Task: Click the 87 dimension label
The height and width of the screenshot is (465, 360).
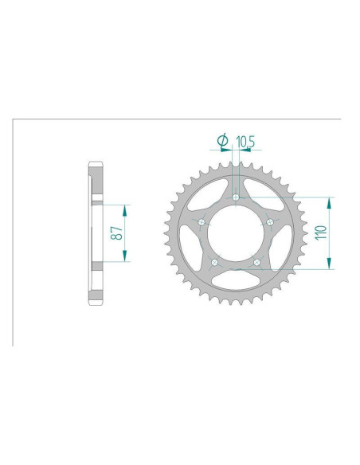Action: (116, 233)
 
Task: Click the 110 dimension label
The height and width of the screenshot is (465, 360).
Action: (321, 232)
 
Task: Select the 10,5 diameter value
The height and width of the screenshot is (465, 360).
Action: (245, 142)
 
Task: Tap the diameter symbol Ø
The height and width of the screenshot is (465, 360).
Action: (223, 140)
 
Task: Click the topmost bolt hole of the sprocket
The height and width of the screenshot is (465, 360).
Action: (236, 197)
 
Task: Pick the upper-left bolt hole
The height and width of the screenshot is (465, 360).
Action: (202, 222)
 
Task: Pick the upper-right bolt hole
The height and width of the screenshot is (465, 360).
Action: (270, 222)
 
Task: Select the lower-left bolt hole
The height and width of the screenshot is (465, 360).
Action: (214, 262)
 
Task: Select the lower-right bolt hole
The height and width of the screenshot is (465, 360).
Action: (256, 262)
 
